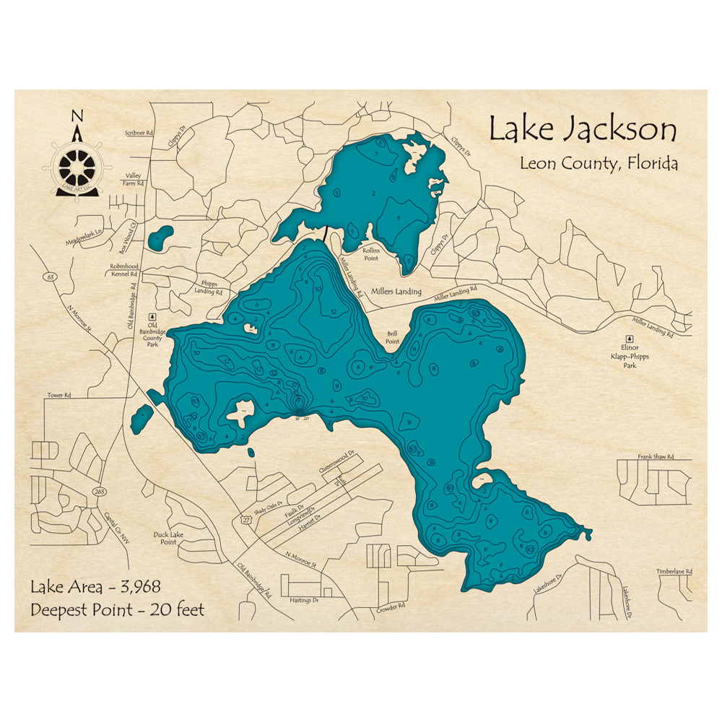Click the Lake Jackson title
[583, 130]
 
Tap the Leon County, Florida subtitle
[599, 163]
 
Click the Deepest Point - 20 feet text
[117, 610]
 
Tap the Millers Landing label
[395, 292]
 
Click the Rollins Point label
[371, 253]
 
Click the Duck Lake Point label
[165, 538]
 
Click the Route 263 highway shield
[98, 491]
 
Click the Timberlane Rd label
[674, 571]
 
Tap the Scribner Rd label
[139, 134]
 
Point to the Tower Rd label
[60, 396]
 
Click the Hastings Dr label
[304, 601]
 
